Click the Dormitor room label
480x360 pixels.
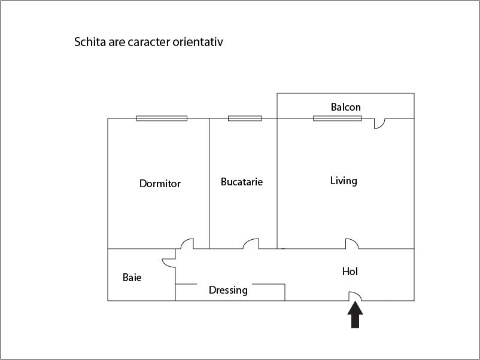[160, 184]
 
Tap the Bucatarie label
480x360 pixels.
[242, 182]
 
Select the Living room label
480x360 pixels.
[344, 181]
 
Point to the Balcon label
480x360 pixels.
[345, 107]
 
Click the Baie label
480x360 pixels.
[132, 277]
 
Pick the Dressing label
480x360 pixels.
[228, 290]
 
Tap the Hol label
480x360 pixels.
[350, 271]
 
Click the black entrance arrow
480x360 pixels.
[355, 315]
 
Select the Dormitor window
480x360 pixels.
[162, 118]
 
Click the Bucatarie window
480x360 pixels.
[245, 118]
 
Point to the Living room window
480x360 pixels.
[338, 118]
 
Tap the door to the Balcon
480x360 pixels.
[379, 123]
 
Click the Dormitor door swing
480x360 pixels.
[187, 243]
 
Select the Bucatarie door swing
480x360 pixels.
[251, 243]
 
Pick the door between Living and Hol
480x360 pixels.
[352, 243]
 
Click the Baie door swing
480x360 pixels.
[169, 263]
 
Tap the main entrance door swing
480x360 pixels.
[355, 296]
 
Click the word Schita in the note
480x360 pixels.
[90, 42]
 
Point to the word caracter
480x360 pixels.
[149, 42]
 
